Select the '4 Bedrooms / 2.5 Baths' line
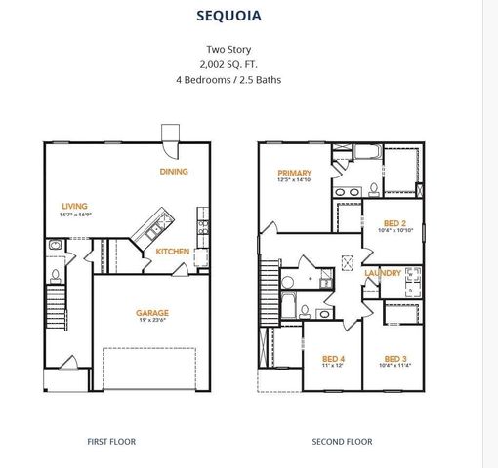(x=242, y=79)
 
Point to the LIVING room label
(x=74, y=206)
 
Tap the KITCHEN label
(x=173, y=252)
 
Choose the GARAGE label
(x=151, y=313)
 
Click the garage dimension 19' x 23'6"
(x=151, y=323)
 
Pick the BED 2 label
(x=395, y=221)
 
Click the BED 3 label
(x=394, y=357)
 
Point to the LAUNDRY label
(x=383, y=273)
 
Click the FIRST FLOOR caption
(x=111, y=441)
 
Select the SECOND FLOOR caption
(x=342, y=441)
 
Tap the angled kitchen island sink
(x=153, y=231)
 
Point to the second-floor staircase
(x=269, y=283)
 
